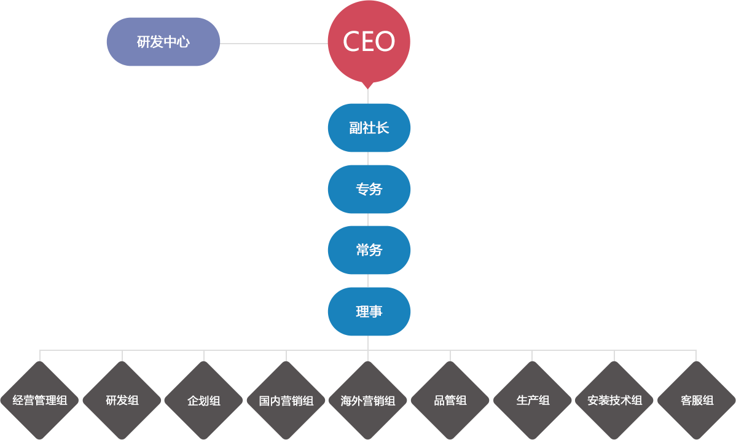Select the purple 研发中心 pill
pyautogui.click(x=163, y=42)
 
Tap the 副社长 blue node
pyautogui.click(x=369, y=128)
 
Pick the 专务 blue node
pyautogui.click(x=369, y=189)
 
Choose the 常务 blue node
pyautogui.click(x=369, y=250)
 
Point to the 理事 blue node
pyautogui.click(x=369, y=312)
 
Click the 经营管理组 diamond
pyautogui.click(x=40, y=401)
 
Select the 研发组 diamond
pyautogui.click(x=122, y=401)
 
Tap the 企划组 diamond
pyautogui.click(x=204, y=401)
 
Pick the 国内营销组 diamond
pyautogui.click(x=286, y=401)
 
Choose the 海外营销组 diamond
pyautogui.click(x=368, y=401)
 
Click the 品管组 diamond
pyautogui.click(x=450, y=401)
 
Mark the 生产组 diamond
pyautogui.click(x=532, y=401)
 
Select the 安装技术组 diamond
pyautogui.click(x=614, y=401)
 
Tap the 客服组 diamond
pyautogui.click(x=696, y=401)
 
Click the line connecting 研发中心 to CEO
pyautogui.click(x=274, y=44)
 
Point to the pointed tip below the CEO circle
pyautogui.click(x=368, y=89)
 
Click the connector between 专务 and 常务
pyautogui.click(x=368, y=220)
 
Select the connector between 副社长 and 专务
pyautogui.click(x=368, y=159)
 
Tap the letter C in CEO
pyautogui.click(x=352, y=41)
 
